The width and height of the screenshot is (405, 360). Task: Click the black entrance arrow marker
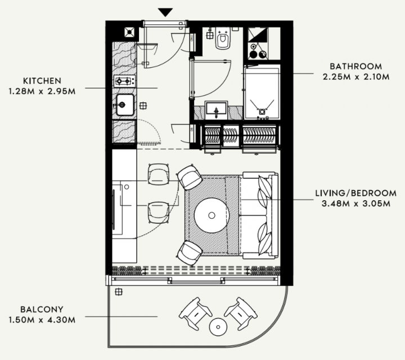point(165,12)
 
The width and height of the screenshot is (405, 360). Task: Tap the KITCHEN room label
point(42,81)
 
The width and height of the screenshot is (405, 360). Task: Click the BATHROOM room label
point(356,66)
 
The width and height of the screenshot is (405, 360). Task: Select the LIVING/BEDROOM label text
point(356,193)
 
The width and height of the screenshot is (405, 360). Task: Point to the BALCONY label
point(42,309)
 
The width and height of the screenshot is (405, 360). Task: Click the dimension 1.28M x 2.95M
point(42,92)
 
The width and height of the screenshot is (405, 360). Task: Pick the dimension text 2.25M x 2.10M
point(356,76)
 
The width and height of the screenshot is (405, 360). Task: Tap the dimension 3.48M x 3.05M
point(356,204)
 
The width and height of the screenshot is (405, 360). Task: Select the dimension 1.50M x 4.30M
point(42,320)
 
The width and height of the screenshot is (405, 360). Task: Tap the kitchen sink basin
point(125,105)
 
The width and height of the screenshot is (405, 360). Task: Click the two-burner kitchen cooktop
point(124,82)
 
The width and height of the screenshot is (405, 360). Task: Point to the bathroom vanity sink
point(216,110)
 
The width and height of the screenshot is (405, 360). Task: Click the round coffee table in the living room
point(212,215)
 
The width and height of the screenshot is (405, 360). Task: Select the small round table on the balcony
point(218,327)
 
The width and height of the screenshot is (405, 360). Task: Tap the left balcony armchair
point(195,313)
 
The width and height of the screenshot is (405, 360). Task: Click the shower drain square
point(262,111)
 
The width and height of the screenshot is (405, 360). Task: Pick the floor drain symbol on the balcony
point(119,292)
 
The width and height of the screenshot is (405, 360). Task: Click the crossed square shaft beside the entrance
point(129,32)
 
